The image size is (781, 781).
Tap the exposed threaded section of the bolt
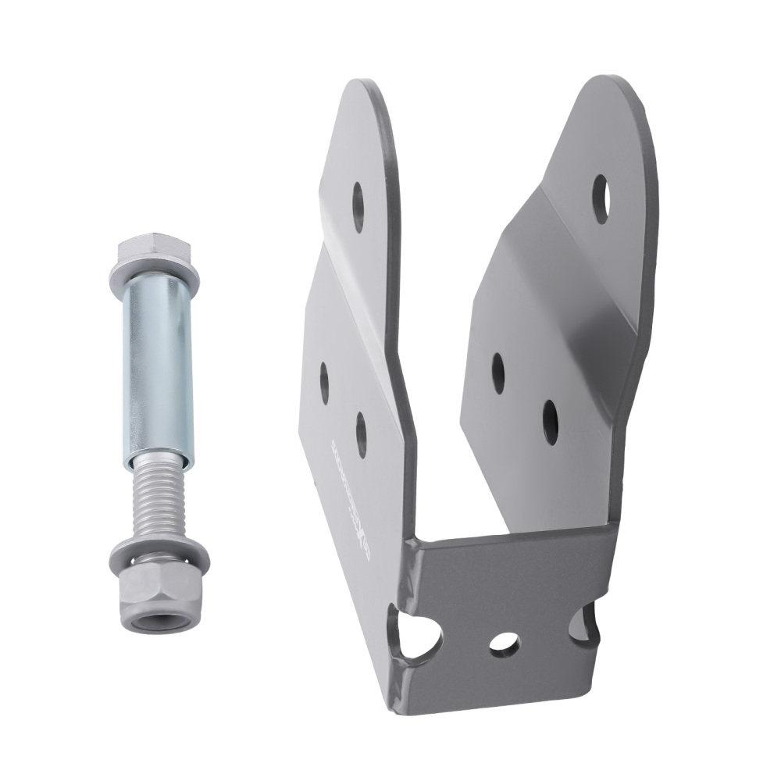click(159, 500)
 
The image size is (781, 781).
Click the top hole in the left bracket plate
click(358, 207)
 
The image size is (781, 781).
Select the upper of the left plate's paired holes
click(325, 383)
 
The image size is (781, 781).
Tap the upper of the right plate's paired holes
click(497, 373)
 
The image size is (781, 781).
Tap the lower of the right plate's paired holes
click(551, 422)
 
